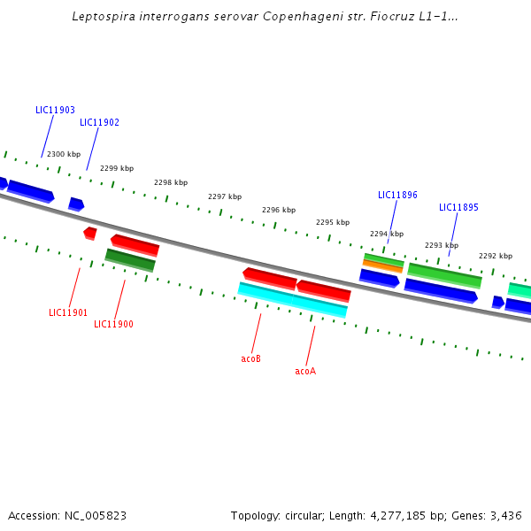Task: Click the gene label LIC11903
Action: click(x=55, y=111)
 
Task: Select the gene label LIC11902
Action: click(x=99, y=123)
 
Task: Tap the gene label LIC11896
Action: click(x=397, y=196)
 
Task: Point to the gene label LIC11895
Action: click(x=458, y=208)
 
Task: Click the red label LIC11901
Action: click(x=68, y=313)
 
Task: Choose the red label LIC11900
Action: click(x=113, y=325)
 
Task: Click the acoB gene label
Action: click(x=250, y=359)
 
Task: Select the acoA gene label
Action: click(x=305, y=372)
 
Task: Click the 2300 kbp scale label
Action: click(x=64, y=155)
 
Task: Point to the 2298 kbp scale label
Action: click(x=171, y=183)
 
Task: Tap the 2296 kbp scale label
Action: click(x=278, y=211)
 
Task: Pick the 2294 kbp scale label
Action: click(x=386, y=235)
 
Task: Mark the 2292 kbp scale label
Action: click(x=496, y=256)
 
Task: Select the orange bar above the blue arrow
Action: click(x=382, y=265)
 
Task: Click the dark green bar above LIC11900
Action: click(x=130, y=260)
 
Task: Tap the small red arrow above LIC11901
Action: click(x=89, y=233)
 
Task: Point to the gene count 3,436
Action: click(x=505, y=515)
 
